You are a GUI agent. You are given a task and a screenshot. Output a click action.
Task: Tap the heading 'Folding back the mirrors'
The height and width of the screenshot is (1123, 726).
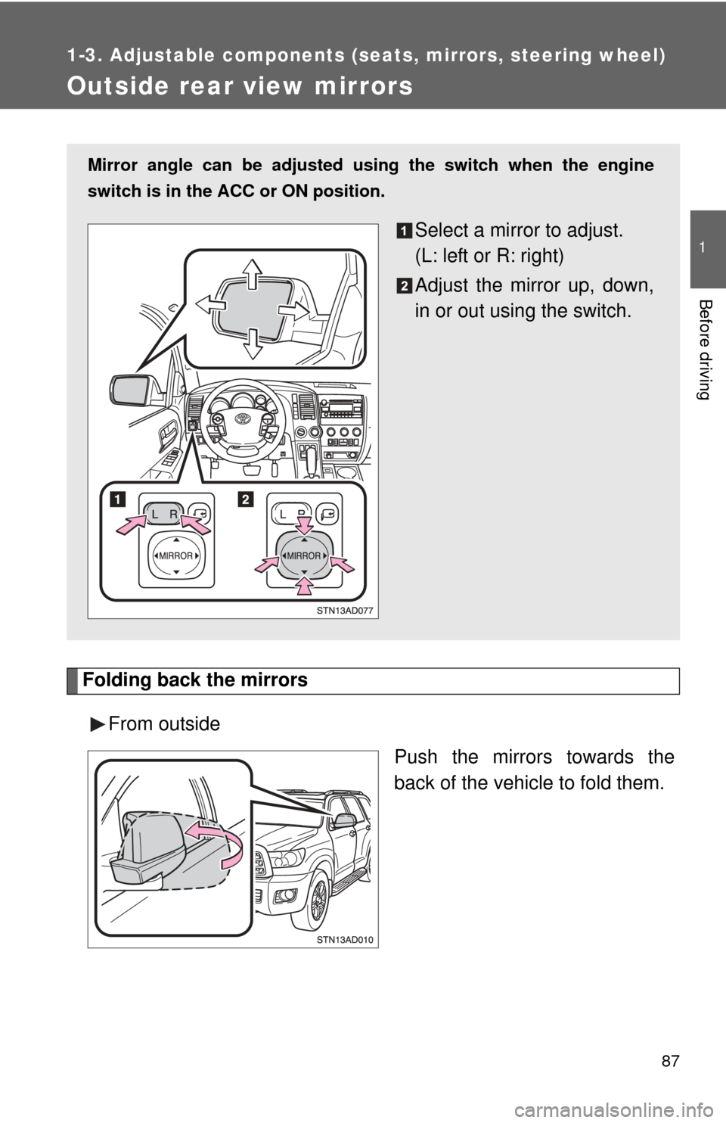point(195,680)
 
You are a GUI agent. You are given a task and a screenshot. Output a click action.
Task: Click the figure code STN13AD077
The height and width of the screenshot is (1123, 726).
point(345,610)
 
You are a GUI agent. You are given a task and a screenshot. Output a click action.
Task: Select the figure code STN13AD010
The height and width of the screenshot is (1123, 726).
point(345,940)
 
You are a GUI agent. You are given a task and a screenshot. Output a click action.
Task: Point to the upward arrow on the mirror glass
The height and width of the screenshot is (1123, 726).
point(252,274)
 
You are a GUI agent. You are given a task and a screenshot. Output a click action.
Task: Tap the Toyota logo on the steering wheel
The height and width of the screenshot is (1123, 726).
point(243,418)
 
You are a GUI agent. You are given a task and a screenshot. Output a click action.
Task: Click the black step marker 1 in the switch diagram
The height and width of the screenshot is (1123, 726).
point(117,499)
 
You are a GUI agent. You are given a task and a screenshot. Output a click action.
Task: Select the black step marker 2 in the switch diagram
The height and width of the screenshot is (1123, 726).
point(246,499)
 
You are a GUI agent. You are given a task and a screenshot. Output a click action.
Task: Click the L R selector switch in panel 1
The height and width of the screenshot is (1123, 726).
point(165,514)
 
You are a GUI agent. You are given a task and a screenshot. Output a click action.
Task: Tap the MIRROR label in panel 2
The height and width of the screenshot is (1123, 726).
point(303,556)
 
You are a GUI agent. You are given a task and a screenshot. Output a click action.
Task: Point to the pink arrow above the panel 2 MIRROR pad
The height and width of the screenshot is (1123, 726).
point(303,525)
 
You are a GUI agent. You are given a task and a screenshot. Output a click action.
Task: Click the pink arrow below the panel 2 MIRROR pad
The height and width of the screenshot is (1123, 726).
point(303,586)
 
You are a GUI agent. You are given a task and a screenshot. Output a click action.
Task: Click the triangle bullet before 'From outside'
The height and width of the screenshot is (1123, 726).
point(98,724)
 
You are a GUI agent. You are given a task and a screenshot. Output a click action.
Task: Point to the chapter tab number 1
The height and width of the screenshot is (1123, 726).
point(703,247)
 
